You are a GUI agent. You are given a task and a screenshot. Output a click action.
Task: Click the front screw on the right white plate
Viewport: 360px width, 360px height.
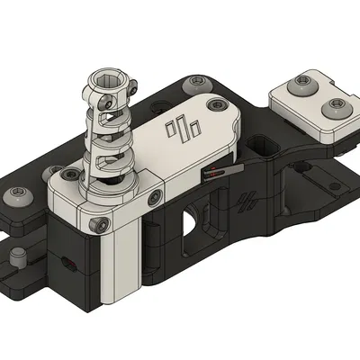click(335, 109)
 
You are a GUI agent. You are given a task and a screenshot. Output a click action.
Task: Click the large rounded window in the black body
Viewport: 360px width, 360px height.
click(192, 221)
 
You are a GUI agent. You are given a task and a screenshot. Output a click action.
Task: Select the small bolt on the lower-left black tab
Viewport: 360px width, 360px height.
click(15, 262)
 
